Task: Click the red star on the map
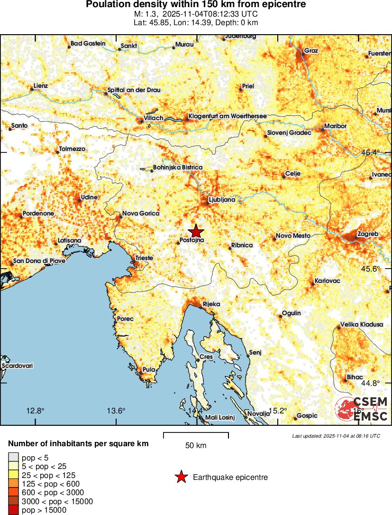coord(195,231)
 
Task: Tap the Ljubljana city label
coord(222,200)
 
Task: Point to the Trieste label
coord(144,258)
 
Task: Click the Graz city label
coord(311,51)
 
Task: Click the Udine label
coord(89,197)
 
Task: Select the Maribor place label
coord(336,126)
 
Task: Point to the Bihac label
coord(355,377)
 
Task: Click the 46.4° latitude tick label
coord(370,153)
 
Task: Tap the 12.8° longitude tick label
coord(36,411)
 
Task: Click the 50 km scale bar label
coord(196,446)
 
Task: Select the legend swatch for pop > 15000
coord(13,510)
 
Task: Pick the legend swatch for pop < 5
coord(13,458)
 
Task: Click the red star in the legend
coord(181,478)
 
